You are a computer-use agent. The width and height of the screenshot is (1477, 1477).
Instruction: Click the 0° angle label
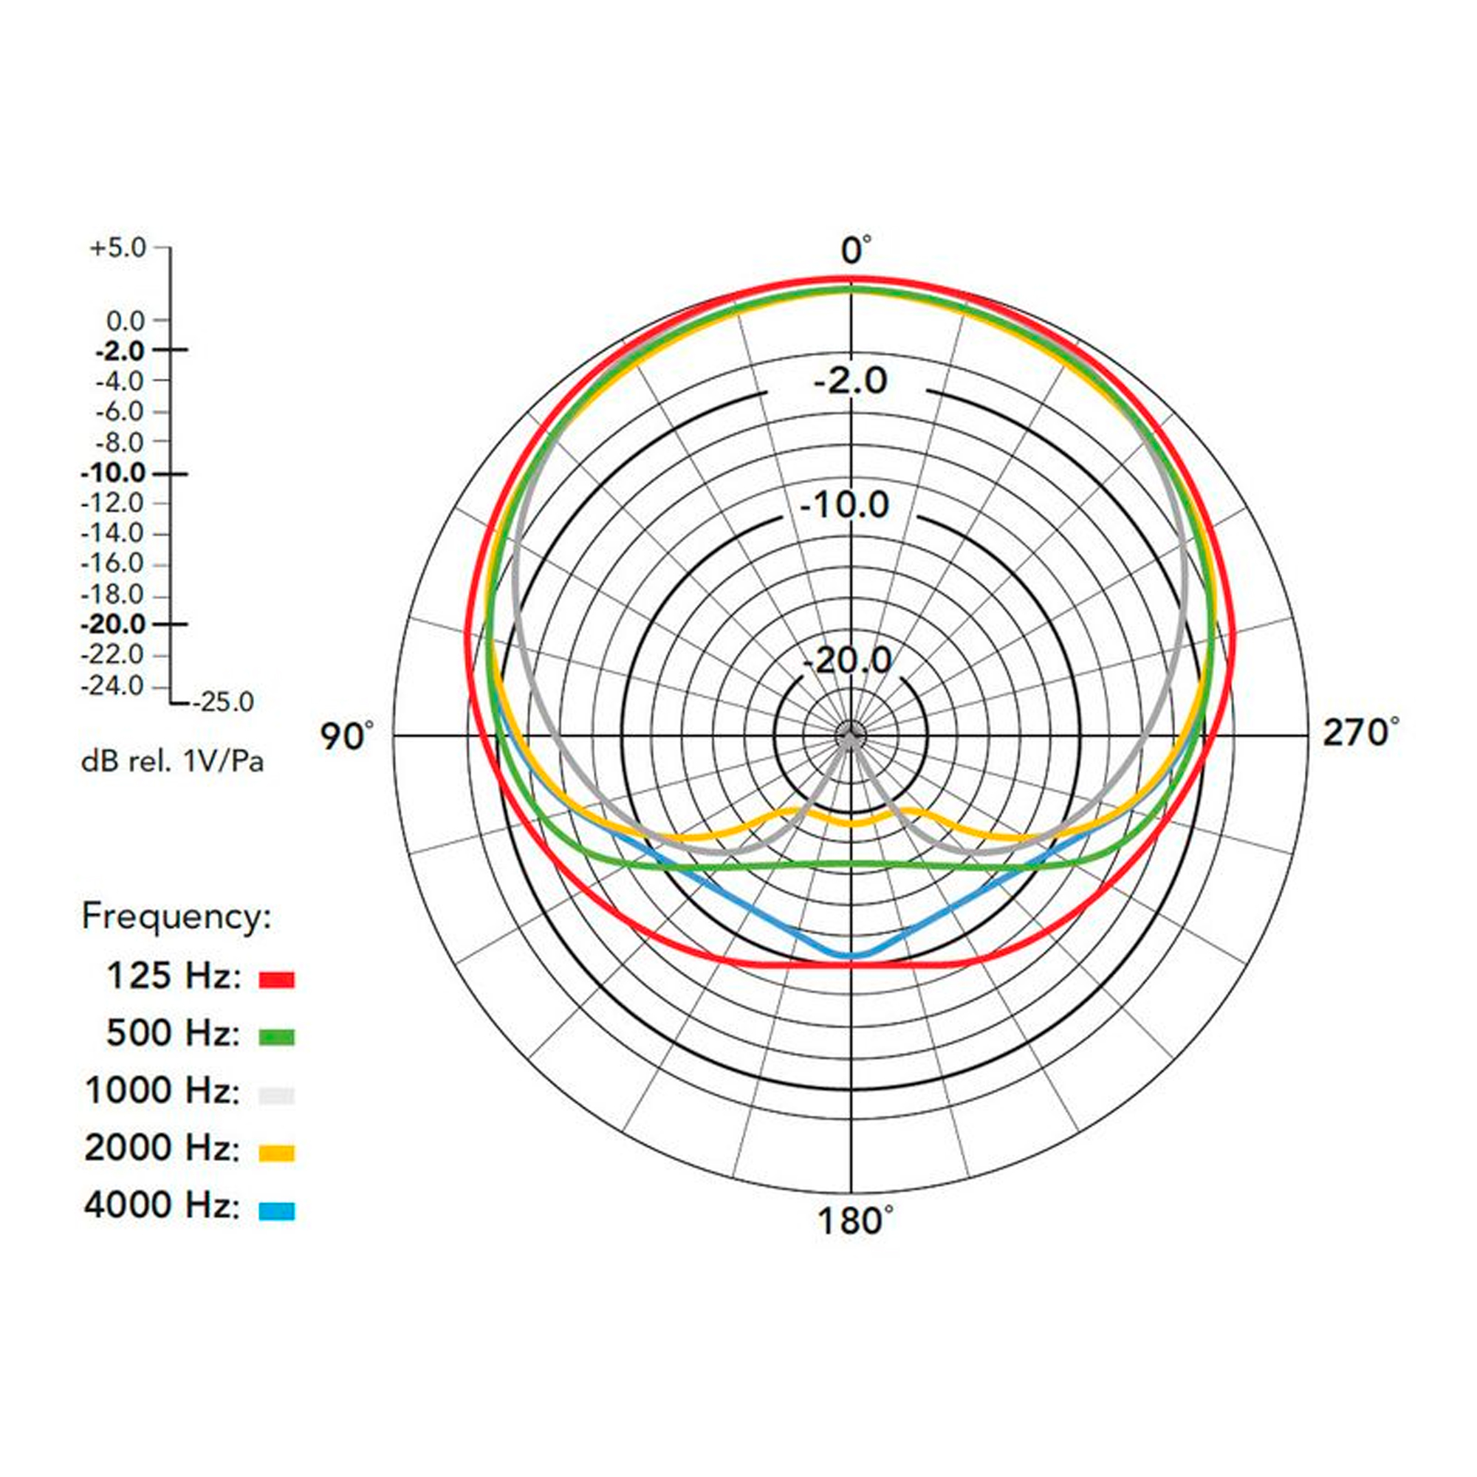tap(854, 251)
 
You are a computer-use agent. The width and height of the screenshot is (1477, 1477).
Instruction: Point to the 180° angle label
tap(854, 1221)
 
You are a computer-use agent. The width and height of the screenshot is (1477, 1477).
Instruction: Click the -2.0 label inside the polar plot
tap(850, 380)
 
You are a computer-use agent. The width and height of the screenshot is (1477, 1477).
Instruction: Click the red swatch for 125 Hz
tap(277, 979)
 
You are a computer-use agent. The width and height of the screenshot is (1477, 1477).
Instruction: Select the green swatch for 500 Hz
tap(277, 1038)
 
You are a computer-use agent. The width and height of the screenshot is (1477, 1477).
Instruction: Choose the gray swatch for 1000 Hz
tap(277, 1094)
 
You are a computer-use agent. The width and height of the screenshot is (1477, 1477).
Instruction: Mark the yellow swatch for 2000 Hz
tap(277, 1152)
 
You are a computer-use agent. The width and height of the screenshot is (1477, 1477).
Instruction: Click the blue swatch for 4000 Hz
tap(277, 1211)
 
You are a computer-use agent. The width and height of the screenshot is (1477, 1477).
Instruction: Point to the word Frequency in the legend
tap(177, 916)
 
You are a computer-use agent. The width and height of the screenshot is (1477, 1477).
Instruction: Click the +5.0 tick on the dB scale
tap(117, 247)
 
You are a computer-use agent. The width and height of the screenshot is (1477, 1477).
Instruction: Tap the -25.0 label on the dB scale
tap(223, 702)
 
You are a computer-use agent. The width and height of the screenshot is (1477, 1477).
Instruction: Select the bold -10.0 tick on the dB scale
tap(114, 474)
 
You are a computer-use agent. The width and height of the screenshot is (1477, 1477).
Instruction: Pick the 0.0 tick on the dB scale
tap(126, 321)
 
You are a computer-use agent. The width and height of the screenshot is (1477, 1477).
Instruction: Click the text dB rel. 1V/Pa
tap(173, 762)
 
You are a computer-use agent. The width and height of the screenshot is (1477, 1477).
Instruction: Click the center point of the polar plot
tap(850, 736)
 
